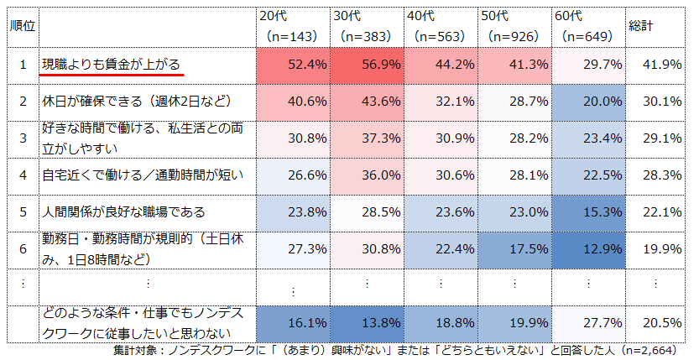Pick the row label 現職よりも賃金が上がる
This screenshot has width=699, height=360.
[112, 65]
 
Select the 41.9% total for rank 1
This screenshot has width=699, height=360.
[664, 65]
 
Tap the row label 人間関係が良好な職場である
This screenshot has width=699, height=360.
[123, 211]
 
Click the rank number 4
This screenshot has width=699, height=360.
[23, 175]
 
